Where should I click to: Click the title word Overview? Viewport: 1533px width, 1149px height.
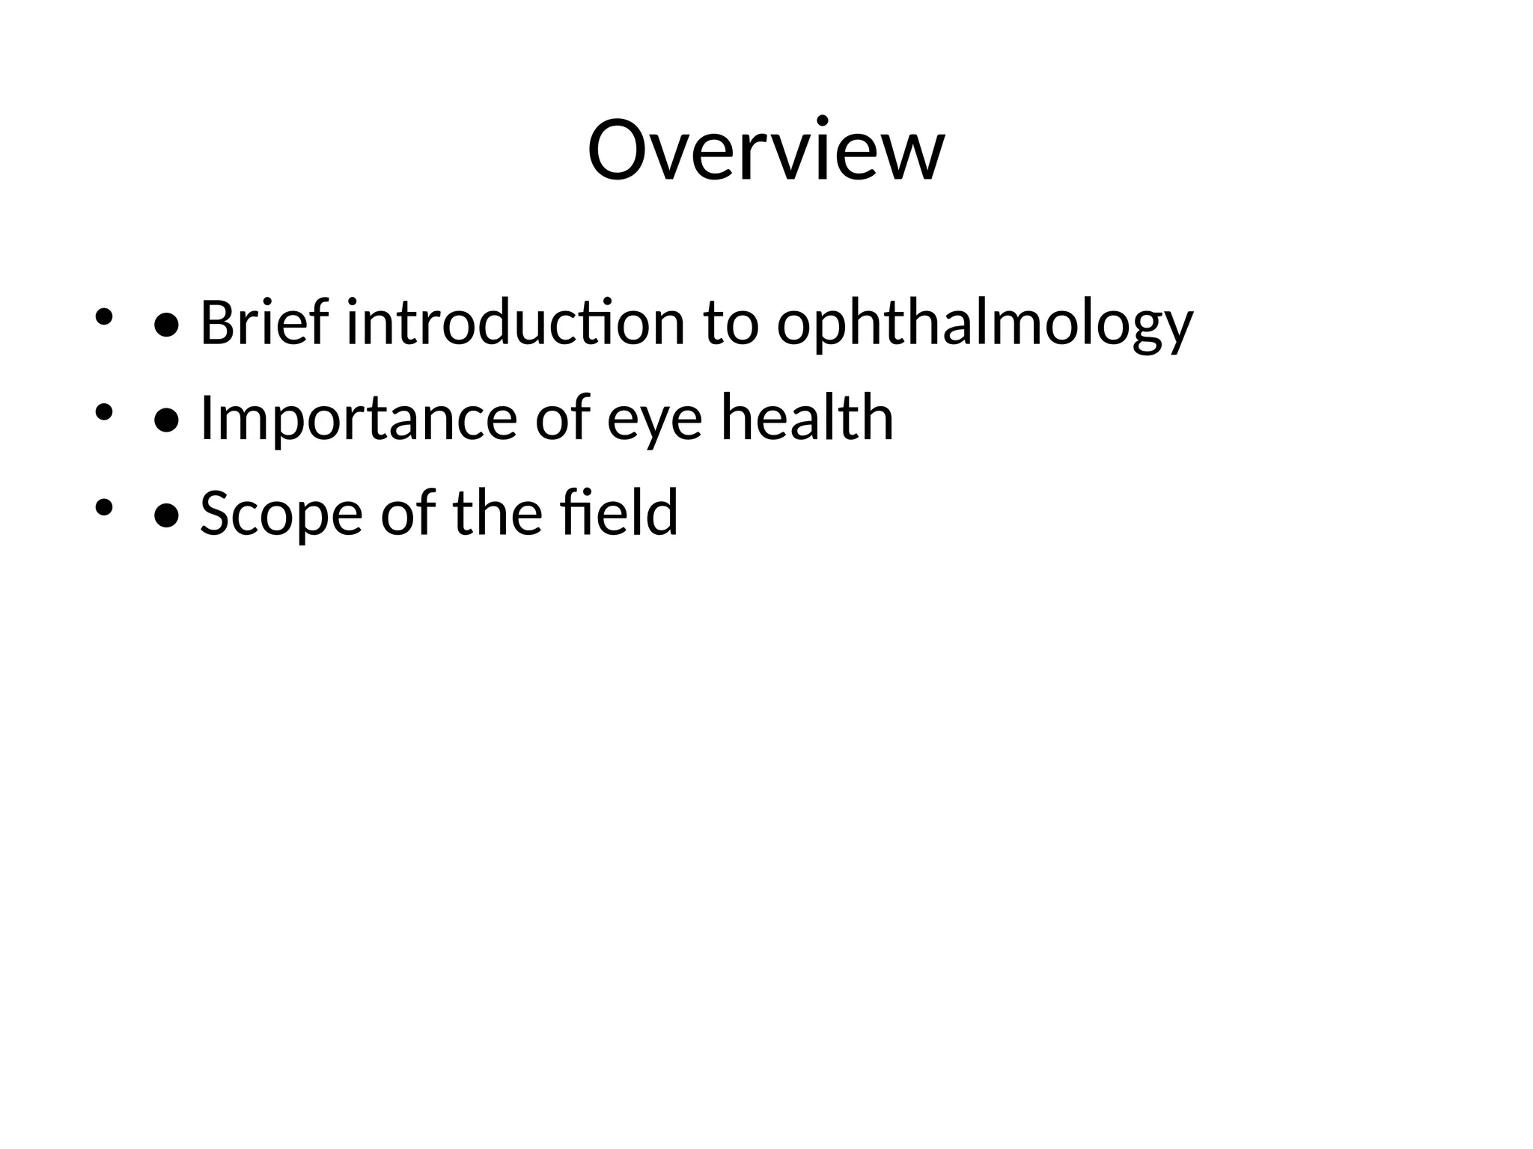[x=766, y=150]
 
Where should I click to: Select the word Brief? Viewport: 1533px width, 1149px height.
[x=263, y=323]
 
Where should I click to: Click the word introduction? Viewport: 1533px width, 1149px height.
[x=516, y=323]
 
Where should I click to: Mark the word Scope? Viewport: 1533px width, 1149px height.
[x=281, y=513]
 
